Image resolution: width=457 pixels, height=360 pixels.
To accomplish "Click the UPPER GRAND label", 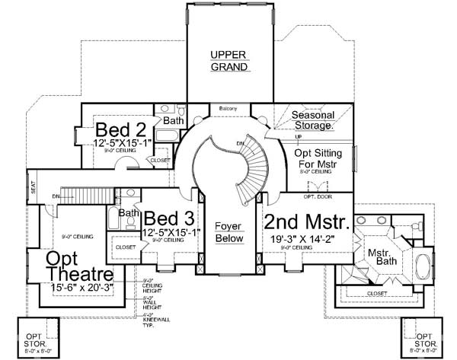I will tap(230, 62).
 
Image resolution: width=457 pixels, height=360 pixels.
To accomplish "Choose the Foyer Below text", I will tap(228, 232).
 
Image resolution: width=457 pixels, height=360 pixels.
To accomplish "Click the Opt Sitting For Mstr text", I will tap(317, 158).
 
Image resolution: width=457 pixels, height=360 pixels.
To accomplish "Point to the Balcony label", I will tap(229, 108).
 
